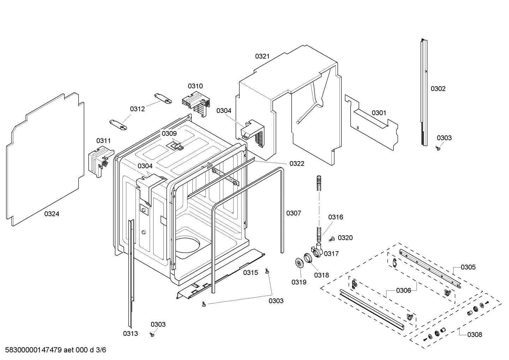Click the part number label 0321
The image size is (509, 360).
262,56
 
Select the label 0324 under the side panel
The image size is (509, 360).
52,214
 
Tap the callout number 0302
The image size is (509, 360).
438,89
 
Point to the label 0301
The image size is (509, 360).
379,113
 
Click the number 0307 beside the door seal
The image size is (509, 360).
293,213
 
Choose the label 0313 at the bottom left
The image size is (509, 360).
130,333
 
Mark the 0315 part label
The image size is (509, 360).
250,272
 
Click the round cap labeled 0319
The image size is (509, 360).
299,263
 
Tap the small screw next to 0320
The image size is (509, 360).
331,240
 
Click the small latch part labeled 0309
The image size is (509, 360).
176,145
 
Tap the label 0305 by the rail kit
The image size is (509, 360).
468,267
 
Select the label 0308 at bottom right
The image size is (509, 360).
474,334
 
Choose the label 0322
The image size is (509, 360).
297,164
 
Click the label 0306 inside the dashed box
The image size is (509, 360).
403,290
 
